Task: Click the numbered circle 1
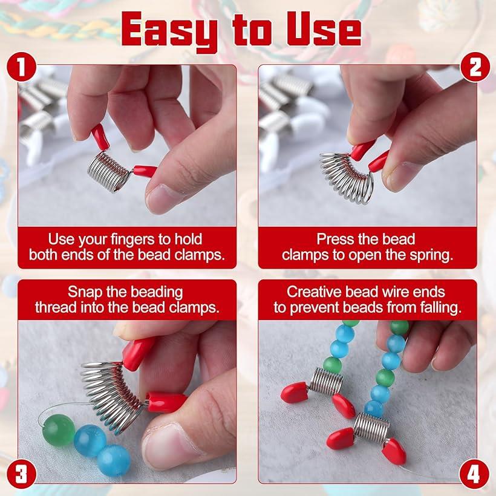point(21,67)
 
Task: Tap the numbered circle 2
point(475,67)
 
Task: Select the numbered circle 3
point(21,474)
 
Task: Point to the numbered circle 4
point(474,474)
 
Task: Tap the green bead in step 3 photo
point(59,431)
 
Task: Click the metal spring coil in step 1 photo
point(108,171)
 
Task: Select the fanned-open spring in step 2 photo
point(347,178)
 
